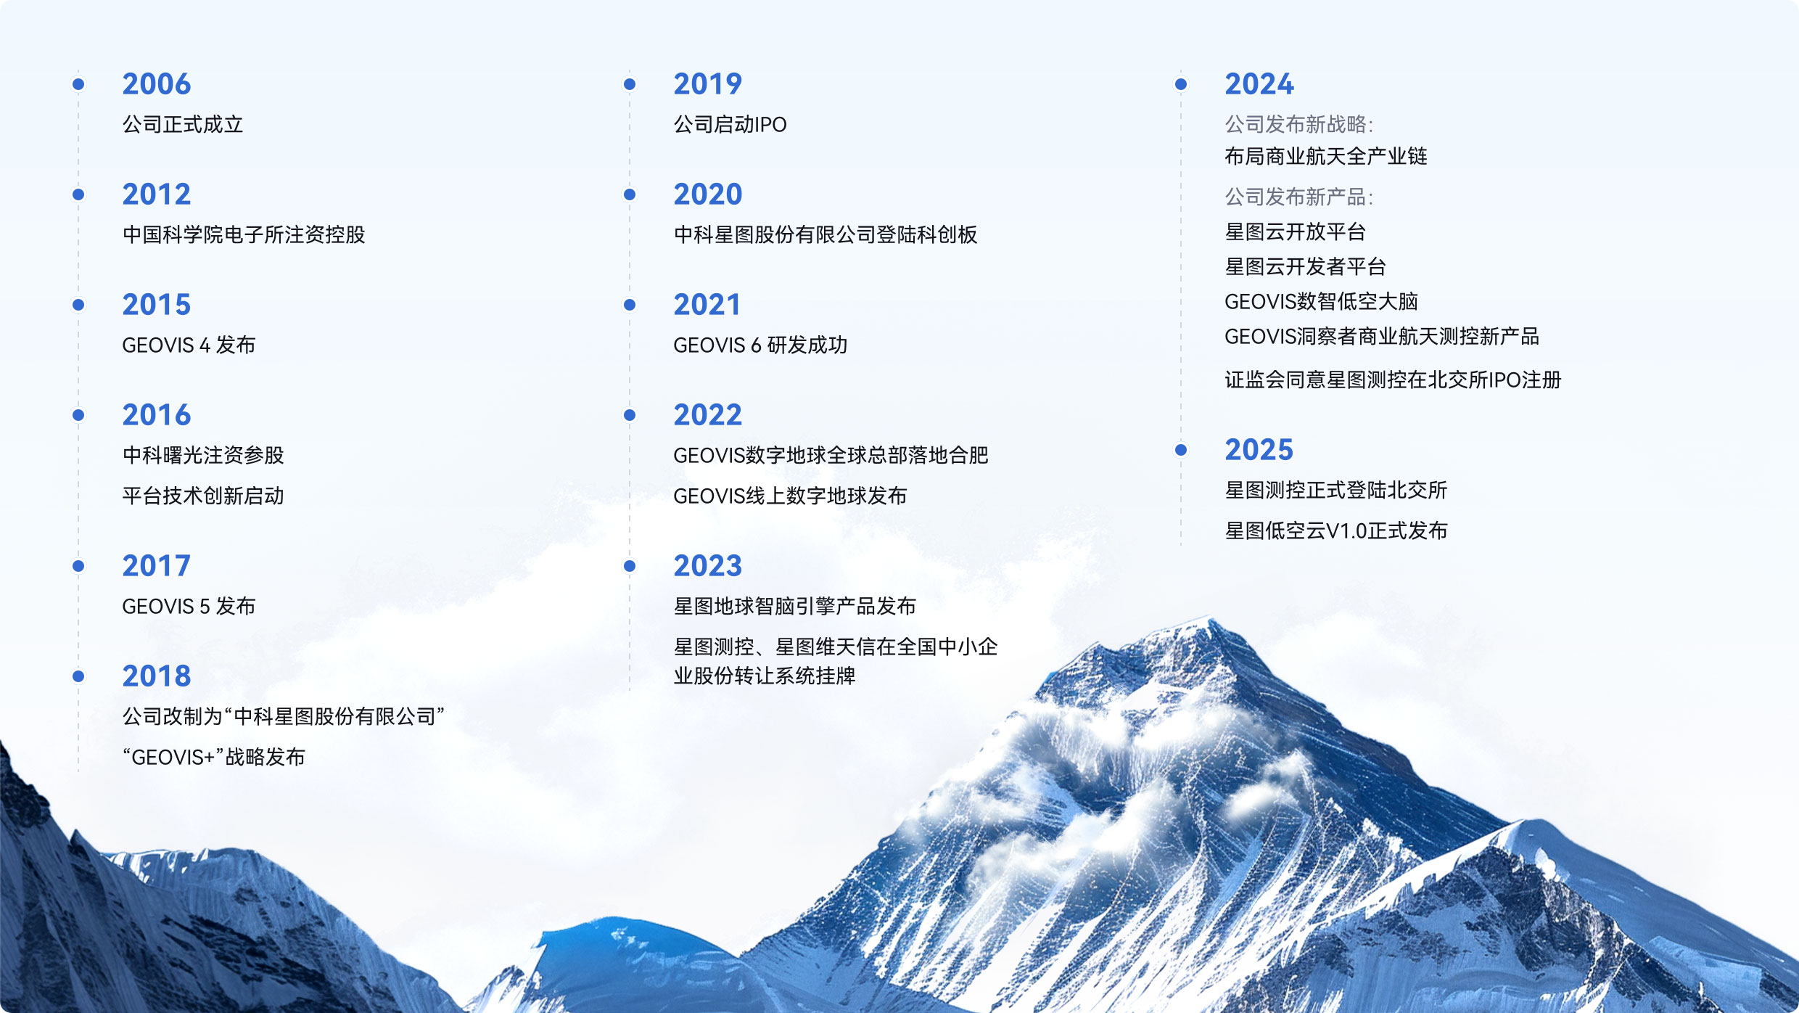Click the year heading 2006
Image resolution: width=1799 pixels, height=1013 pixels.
(157, 84)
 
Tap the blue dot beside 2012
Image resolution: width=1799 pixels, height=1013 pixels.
(78, 194)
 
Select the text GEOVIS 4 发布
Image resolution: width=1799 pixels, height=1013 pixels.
(189, 345)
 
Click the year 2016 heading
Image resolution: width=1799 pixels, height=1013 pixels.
(157, 415)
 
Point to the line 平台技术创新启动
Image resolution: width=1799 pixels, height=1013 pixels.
(203, 496)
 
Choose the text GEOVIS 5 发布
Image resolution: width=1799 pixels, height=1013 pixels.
(189, 606)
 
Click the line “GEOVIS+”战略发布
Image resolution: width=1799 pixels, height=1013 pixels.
(214, 757)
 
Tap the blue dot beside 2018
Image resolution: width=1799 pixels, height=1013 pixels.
(78, 676)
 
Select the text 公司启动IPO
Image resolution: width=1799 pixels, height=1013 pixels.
(730, 125)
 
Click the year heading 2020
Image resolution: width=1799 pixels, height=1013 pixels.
(708, 194)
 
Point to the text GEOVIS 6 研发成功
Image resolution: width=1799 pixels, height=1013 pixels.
(760, 345)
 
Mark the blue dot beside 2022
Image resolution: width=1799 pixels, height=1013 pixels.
(630, 415)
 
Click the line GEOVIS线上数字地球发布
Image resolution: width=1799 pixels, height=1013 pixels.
(790, 496)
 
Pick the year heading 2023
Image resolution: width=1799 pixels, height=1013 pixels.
(708, 566)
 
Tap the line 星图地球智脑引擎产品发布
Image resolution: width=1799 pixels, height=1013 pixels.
(795, 606)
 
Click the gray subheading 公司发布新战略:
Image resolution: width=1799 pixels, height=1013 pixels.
(1298, 125)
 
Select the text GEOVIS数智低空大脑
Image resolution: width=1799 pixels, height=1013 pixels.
(1321, 301)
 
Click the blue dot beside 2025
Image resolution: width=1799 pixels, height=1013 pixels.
(1181, 450)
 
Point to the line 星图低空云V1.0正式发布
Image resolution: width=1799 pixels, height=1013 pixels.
(1336, 530)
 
